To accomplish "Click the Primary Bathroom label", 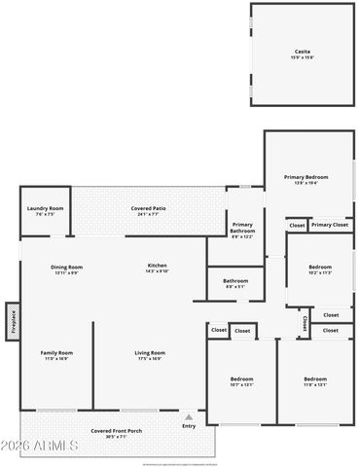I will tap(242, 228).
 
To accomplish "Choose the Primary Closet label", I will tap(330, 225).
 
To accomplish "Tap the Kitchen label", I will tap(157, 268).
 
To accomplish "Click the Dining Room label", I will tap(66, 269).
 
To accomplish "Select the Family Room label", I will tap(56, 354).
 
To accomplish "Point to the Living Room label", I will tap(149, 354).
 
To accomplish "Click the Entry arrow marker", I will tap(188, 415).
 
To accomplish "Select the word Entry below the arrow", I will tap(188, 425).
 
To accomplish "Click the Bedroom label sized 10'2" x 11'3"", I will tap(320, 269).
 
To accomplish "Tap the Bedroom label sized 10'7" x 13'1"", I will tap(241, 379).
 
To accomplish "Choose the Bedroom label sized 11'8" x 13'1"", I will tap(314, 379).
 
